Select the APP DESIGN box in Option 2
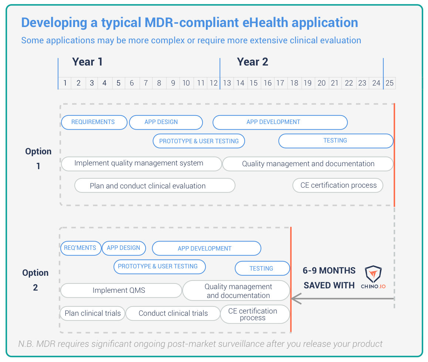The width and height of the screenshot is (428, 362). (123, 248)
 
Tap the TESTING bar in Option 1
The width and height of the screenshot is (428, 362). (335, 141)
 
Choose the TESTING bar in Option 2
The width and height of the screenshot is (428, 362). (262, 268)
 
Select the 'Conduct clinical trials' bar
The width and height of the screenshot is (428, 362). (173, 313)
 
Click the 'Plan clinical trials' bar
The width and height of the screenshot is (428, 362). (92, 313)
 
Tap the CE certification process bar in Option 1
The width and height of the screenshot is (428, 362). (338, 185)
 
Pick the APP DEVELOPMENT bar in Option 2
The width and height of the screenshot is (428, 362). (206, 248)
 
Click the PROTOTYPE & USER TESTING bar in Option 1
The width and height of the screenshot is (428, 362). (199, 141)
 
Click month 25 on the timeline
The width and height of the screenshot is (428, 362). (390, 83)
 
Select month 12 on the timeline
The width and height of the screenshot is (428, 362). (214, 83)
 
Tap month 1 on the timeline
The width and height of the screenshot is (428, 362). (65, 83)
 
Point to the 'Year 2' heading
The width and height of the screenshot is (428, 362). (252, 62)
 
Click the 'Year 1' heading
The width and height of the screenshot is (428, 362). (87, 62)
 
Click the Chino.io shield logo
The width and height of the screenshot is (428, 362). (373, 275)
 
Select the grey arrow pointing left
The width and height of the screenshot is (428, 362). (340, 298)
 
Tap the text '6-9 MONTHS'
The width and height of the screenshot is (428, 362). (329, 271)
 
